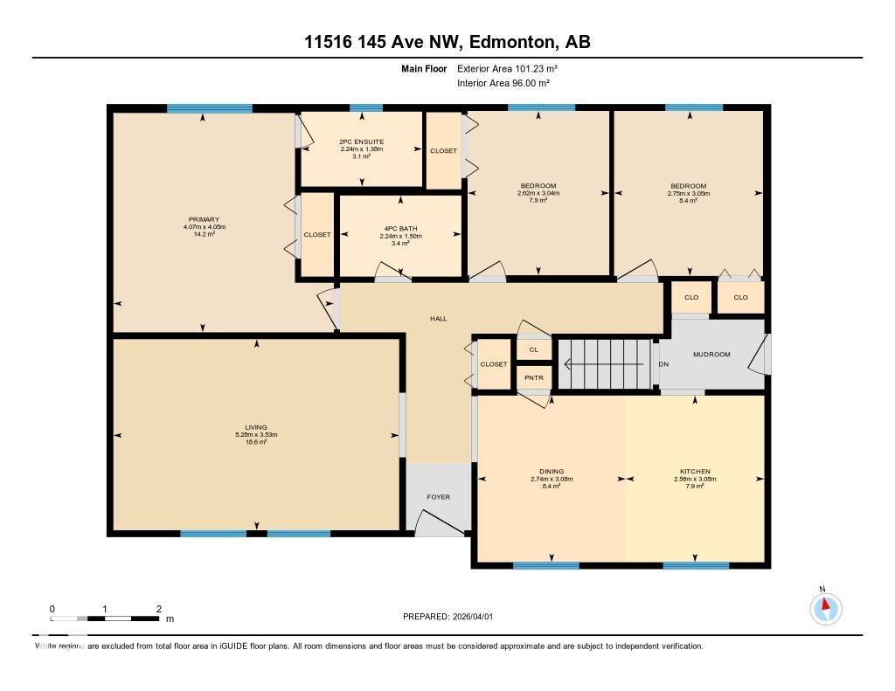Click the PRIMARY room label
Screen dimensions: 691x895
203,219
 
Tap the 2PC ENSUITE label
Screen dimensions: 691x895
362,142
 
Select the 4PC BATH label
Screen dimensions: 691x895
400,229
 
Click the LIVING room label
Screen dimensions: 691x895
256,427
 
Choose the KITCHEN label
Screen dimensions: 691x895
695,472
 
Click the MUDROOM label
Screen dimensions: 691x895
711,354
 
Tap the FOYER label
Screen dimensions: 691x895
438,497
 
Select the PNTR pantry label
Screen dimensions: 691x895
533,377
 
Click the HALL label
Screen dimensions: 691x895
438,319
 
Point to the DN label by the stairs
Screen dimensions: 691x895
663,363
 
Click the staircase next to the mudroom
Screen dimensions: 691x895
606,364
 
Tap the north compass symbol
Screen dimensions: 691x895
824,607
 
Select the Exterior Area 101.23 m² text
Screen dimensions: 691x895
507,68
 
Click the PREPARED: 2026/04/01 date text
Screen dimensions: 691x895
448,617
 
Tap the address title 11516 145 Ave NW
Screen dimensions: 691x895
447,42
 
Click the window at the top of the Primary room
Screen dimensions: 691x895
210,108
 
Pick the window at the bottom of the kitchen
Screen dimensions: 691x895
696,565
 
